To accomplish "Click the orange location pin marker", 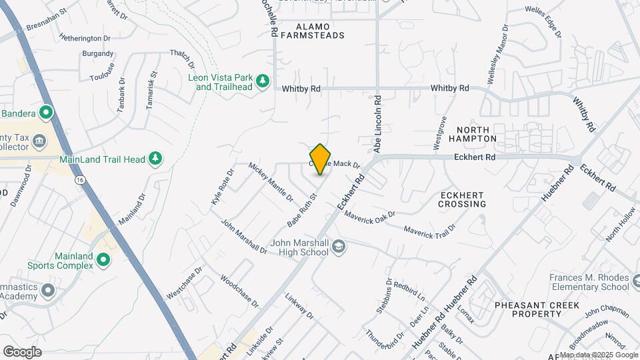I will (x=321, y=159).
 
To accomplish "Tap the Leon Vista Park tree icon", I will (x=263, y=81).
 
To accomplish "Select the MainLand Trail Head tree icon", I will (x=155, y=158).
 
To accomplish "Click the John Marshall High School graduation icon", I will (x=339, y=247).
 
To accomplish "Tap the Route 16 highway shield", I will (x=80, y=180).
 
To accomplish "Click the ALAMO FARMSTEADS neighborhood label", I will (x=312, y=30).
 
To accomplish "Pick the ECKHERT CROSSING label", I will (x=462, y=199).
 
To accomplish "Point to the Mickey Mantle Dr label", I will (x=271, y=181).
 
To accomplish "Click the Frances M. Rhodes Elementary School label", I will (x=589, y=281).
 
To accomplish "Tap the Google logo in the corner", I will (x=22, y=351).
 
